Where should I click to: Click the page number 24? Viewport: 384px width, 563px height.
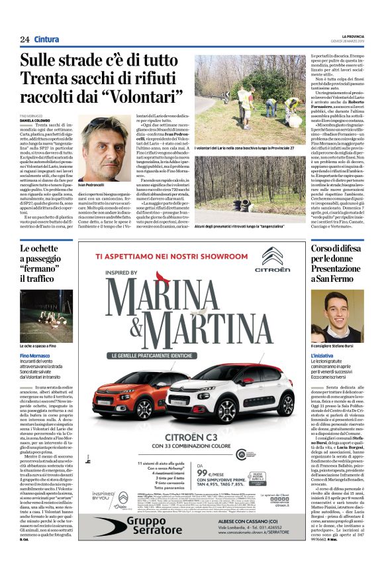pyautogui.click(x=24, y=39)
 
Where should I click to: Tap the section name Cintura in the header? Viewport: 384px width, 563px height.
pyautogui.click(x=46, y=39)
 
